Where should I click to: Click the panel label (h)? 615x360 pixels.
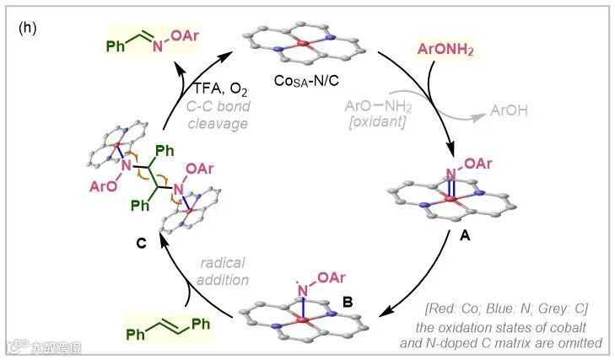coord(26,27)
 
